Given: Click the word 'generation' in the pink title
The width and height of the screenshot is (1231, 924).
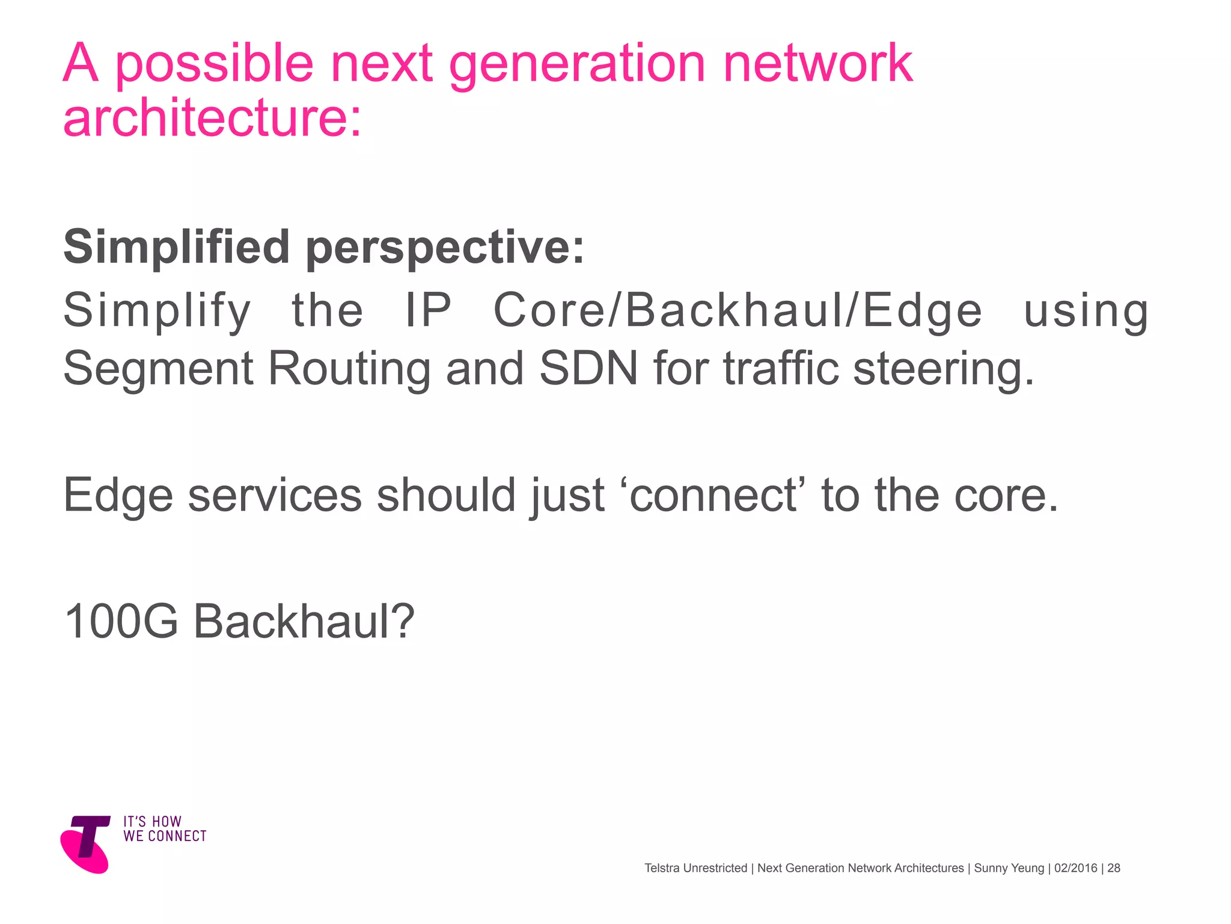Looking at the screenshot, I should click(x=576, y=65).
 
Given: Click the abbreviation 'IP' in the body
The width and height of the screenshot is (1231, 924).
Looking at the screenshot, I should click(x=428, y=310).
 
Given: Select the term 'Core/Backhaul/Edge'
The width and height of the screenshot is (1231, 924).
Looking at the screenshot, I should click(x=738, y=310).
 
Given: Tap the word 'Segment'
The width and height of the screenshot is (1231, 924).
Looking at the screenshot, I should click(x=158, y=368).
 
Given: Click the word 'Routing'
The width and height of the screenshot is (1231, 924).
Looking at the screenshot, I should click(x=349, y=368).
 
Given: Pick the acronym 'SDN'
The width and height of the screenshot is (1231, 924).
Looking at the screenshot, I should click(x=588, y=368).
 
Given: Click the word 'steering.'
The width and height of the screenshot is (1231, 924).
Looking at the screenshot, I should click(x=944, y=368).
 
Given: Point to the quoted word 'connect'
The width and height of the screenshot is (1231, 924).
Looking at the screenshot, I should click(x=713, y=495).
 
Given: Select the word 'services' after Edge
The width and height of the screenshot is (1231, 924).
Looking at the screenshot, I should click(x=275, y=495).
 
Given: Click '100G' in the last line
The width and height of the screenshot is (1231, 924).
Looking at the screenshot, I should click(x=121, y=621).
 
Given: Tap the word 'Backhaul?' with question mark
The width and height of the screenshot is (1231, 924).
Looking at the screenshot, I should click(x=304, y=621).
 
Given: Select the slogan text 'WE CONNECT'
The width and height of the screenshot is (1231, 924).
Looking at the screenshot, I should click(x=165, y=836).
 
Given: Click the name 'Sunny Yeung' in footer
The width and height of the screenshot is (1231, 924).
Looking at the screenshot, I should click(x=1009, y=868).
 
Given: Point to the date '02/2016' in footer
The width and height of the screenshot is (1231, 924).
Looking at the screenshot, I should click(x=1075, y=868).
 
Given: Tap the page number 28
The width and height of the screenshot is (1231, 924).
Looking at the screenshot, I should click(x=1114, y=868).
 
